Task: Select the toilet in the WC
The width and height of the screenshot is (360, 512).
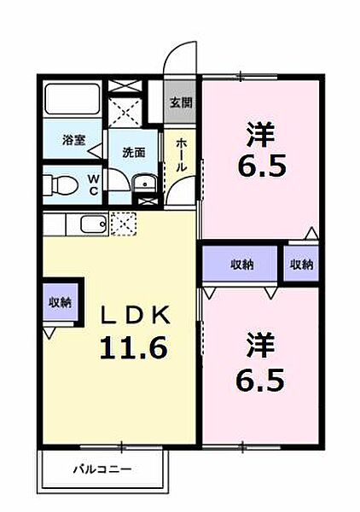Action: coord(61,183)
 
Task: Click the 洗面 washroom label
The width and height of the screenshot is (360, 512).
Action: coord(132,154)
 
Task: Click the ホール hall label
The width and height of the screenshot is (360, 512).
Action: coord(182,158)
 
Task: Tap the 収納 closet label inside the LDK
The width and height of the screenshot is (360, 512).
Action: coord(60,302)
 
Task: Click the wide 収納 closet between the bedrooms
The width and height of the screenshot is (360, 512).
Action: coord(241,265)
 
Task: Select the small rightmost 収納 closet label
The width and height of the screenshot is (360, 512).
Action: coord(301,265)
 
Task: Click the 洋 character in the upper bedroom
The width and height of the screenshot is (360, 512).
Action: coord(263,133)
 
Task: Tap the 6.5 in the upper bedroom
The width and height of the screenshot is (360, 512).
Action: coord(263,164)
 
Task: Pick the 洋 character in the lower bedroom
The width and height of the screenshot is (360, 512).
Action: coord(263,346)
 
